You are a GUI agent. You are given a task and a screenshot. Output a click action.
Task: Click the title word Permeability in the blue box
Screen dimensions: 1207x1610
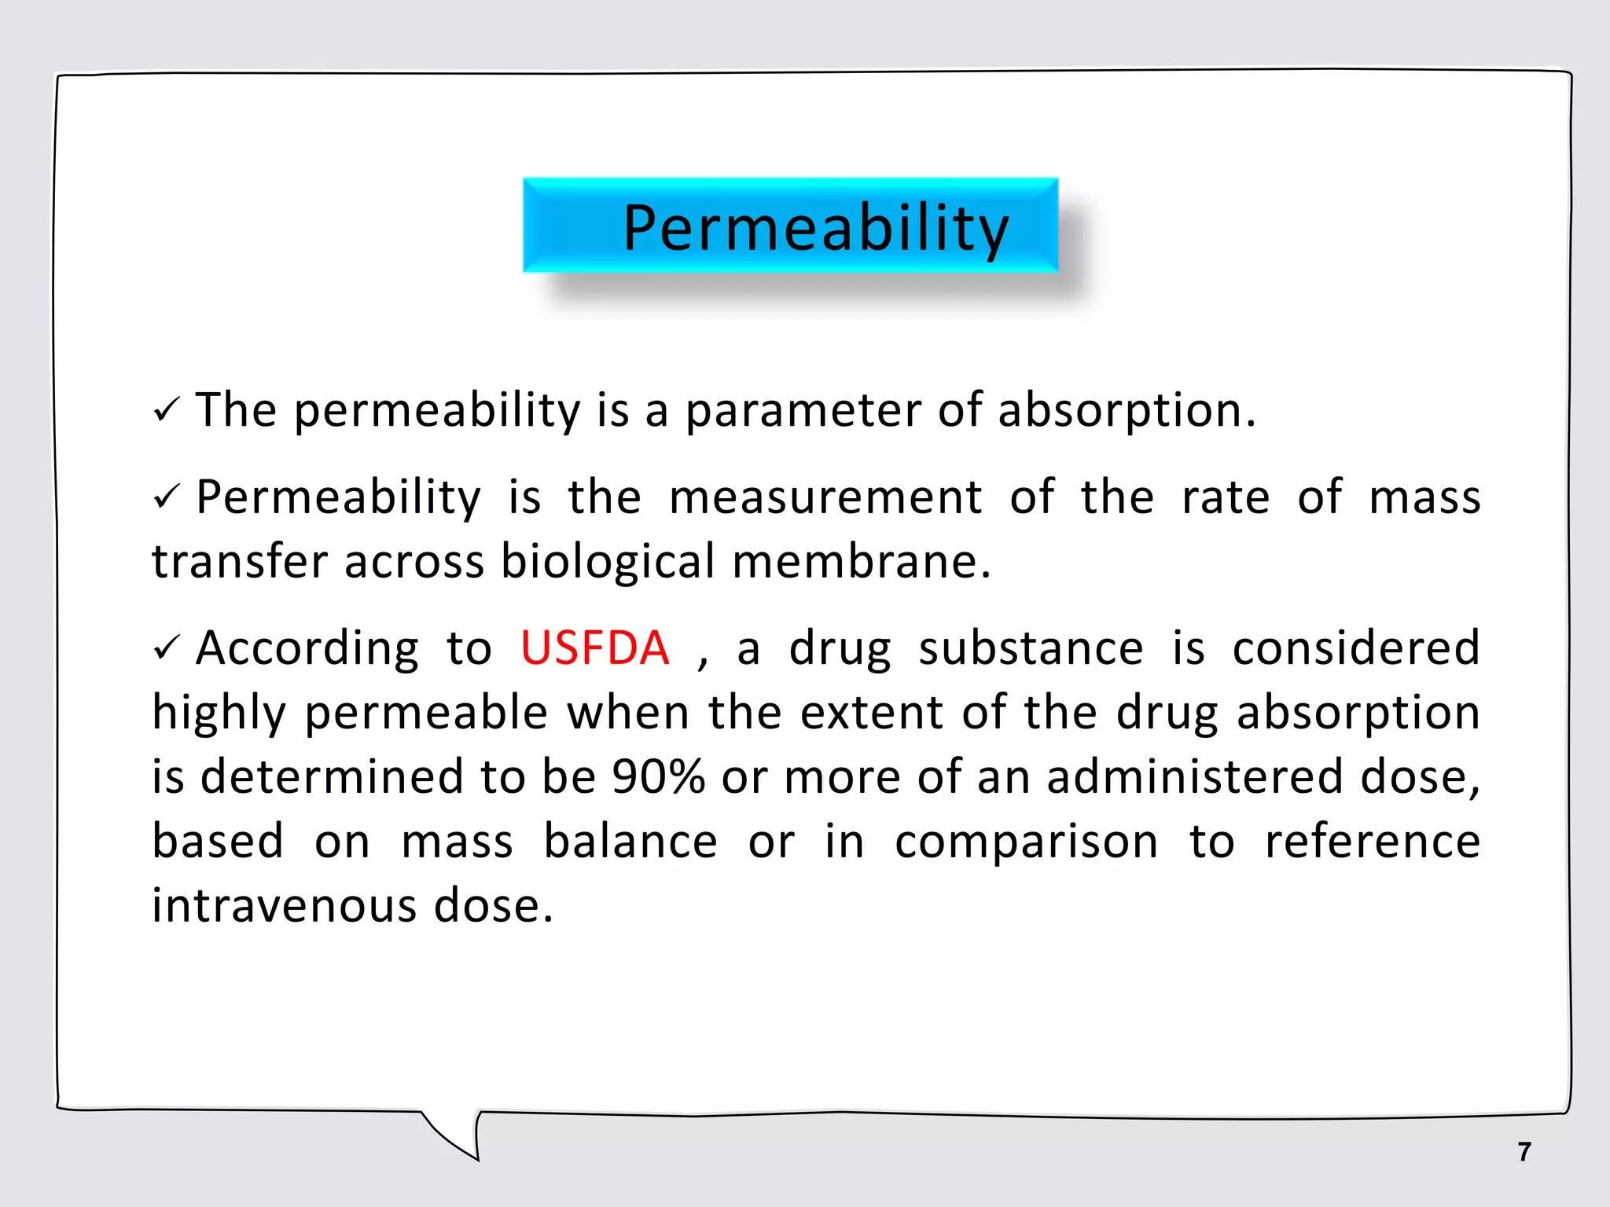point(815,228)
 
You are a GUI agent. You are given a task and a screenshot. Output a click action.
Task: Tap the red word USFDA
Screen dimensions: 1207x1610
point(595,648)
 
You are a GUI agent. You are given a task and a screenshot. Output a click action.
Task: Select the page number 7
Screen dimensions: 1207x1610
point(1524,1151)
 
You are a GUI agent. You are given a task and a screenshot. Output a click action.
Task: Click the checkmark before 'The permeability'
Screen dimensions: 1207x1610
point(167,409)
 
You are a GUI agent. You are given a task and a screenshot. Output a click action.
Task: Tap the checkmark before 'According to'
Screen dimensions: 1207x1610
point(167,648)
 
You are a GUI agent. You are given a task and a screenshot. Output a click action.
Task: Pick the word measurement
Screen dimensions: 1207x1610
point(825,497)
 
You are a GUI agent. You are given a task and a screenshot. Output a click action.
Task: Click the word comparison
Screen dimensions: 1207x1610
point(1026,842)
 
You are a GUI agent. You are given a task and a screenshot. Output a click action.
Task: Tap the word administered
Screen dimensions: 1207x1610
point(1195,777)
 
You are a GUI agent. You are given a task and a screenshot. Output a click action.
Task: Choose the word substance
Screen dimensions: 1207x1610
point(1031,648)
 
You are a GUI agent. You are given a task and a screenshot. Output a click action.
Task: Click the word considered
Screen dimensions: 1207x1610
point(1356,648)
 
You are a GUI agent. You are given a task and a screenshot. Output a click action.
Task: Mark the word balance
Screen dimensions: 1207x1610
point(630,842)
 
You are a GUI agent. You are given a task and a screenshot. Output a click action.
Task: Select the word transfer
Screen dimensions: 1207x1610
point(240,562)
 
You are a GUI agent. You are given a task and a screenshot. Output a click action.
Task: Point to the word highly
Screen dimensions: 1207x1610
point(219,714)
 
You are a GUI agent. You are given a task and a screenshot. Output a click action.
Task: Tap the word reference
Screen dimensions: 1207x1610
point(1373,842)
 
